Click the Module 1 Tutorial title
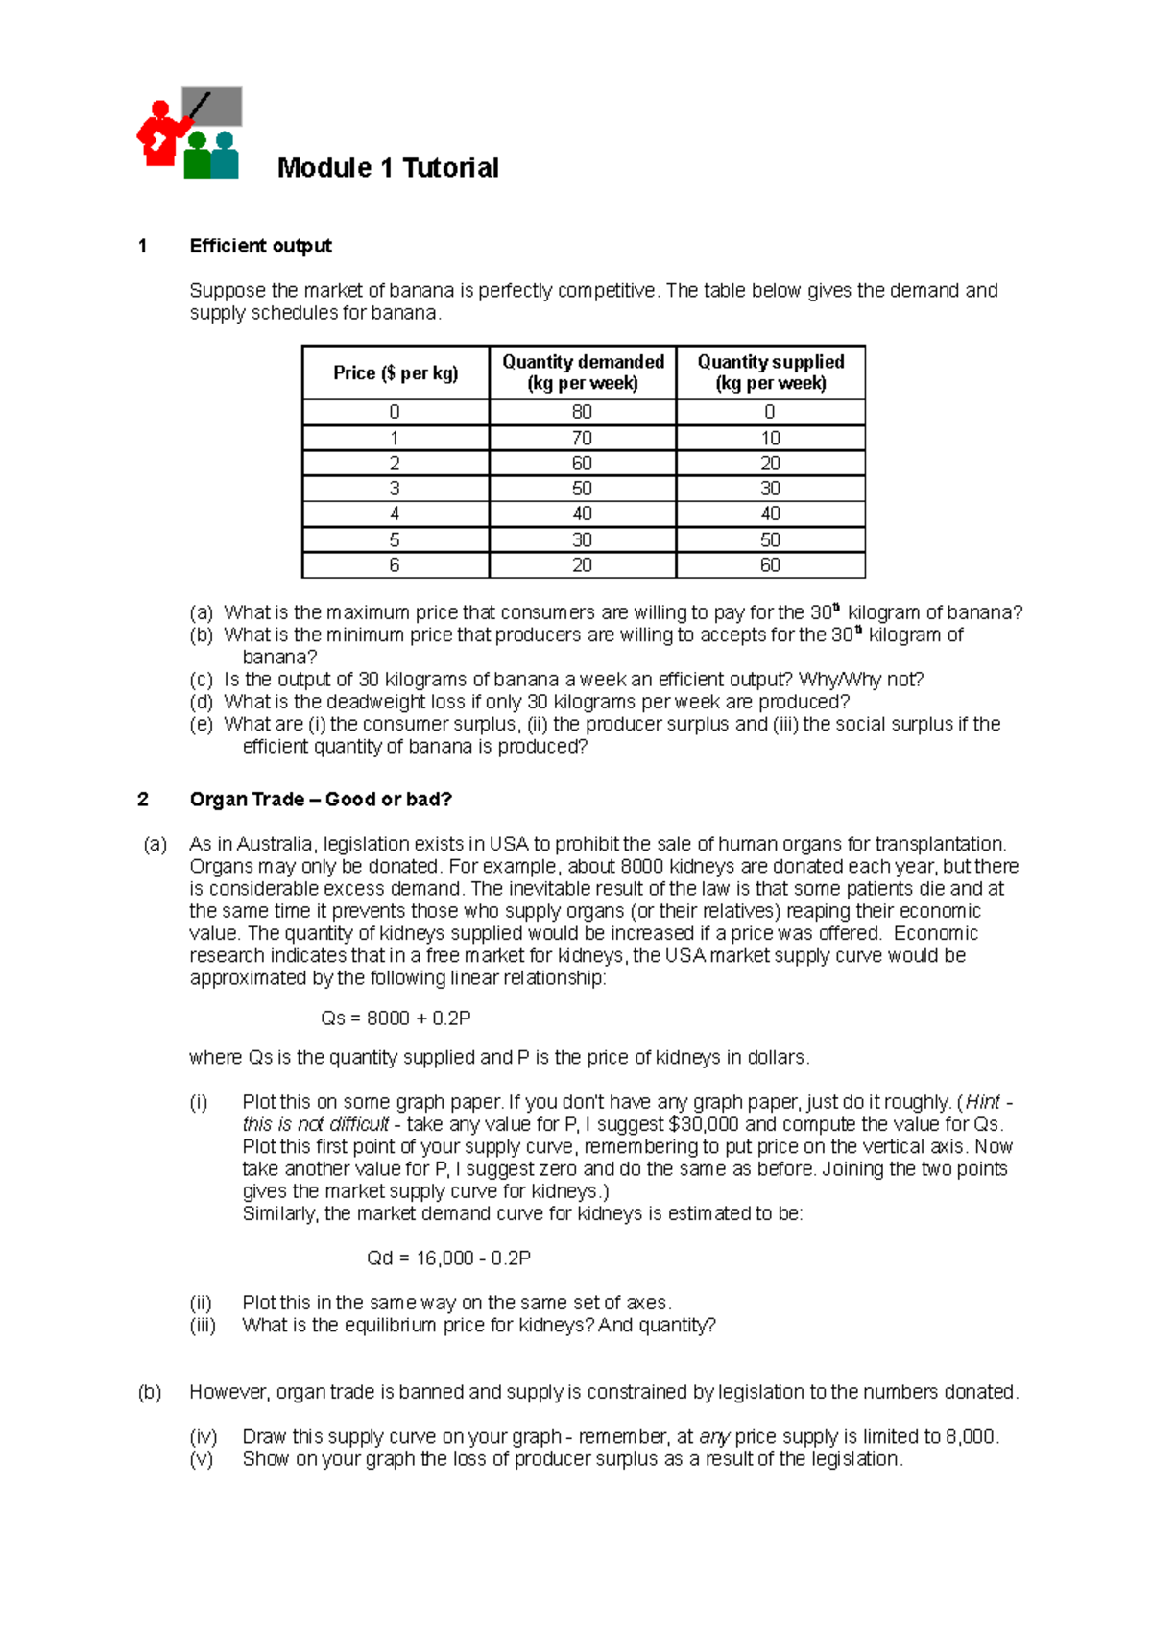pos(388,168)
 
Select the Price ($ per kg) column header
pos(396,372)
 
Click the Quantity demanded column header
pos(583,372)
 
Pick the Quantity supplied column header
pos(770,372)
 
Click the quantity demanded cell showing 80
pos(582,412)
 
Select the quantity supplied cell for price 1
pos(770,438)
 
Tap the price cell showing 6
pos(395,565)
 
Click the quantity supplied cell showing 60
pos(770,565)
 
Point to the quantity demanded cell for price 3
pos(582,489)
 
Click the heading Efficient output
pos(260,246)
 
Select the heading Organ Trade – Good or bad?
pos(321,800)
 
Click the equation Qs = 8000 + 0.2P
pos(396,1018)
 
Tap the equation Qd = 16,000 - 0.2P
pos(448,1258)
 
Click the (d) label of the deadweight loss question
pos(201,702)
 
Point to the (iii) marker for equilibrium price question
pos(203,1325)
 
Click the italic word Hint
pos(982,1102)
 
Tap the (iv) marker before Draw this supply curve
pos(203,1436)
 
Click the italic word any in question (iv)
pos(714,1437)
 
